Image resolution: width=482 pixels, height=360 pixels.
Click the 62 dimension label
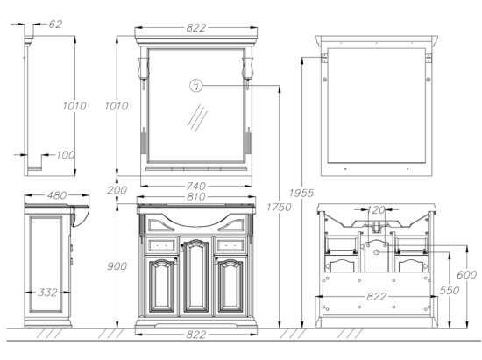pos(55,24)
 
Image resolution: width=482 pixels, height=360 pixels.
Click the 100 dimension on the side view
pos(66,155)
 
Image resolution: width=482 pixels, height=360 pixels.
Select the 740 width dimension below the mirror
pos(195,186)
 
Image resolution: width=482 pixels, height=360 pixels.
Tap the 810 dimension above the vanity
pos(195,196)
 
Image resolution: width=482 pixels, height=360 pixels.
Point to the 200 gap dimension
pos(117,190)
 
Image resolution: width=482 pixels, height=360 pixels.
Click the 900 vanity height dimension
pos(117,266)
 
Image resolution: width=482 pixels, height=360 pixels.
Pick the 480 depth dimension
pos(57,195)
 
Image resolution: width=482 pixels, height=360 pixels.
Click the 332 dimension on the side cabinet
pos(47,292)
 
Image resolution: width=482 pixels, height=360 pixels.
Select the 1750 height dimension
pos(279,208)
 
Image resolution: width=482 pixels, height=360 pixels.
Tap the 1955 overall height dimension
pos(301,193)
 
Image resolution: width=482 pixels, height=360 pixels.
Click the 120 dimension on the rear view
pos(376,210)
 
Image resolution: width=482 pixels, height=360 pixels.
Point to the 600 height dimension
pos(466,275)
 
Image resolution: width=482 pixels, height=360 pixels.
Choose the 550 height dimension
pos(450,290)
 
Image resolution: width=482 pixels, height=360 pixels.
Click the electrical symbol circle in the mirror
pos(196,85)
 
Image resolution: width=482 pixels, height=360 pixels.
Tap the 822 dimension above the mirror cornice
pos(195,28)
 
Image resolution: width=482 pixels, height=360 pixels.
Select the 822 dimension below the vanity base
pos(195,335)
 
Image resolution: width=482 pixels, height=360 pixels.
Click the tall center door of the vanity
pos(195,276)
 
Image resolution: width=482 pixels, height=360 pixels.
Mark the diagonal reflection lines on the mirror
pos(197,118)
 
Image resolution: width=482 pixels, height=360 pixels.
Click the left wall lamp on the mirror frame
pos(143,69)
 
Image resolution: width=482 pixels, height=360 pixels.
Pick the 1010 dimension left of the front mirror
pos(117,106)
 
